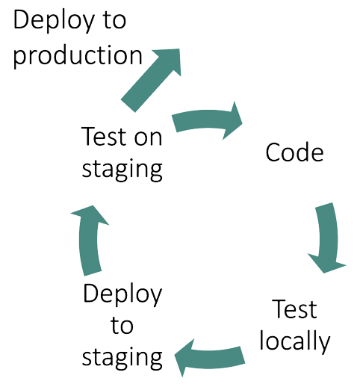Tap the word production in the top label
coord(78,55)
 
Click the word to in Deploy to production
coord(112,21)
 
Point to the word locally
coord(294,341)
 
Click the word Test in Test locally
coord(294,309)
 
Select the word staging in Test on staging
coord(122,168)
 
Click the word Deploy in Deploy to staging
coord(122,294)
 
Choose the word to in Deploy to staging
coord(122,325)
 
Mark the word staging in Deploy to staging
coord(122,356)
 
